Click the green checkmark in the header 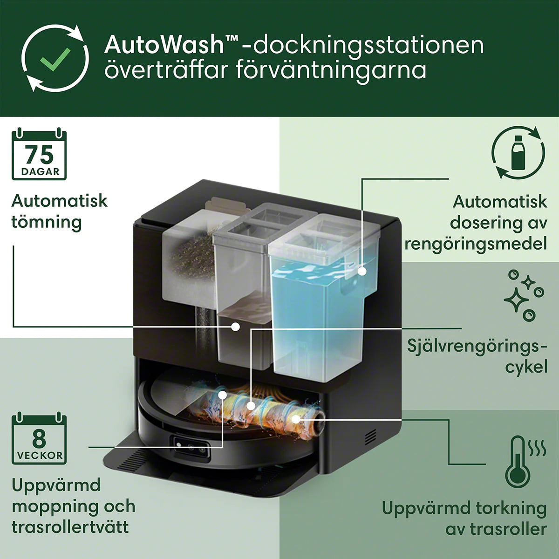(55, 59)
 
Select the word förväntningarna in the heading (331, 71)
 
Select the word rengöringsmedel (476, 244)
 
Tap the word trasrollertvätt (70, 527)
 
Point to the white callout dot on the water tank (362, 272)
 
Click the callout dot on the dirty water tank (236, 327)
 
